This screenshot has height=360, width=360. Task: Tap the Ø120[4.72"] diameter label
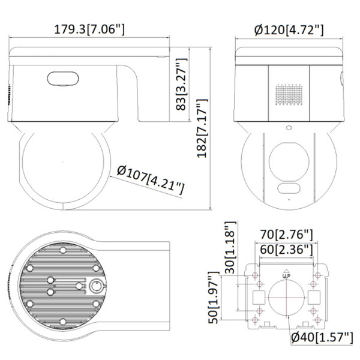(x=289, y=28)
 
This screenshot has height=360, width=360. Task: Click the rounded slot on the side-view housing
(x=61, y=77)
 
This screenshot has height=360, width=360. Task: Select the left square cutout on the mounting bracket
(x=258, y=297)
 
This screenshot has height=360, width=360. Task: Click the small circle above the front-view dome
(x=288, y=128)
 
